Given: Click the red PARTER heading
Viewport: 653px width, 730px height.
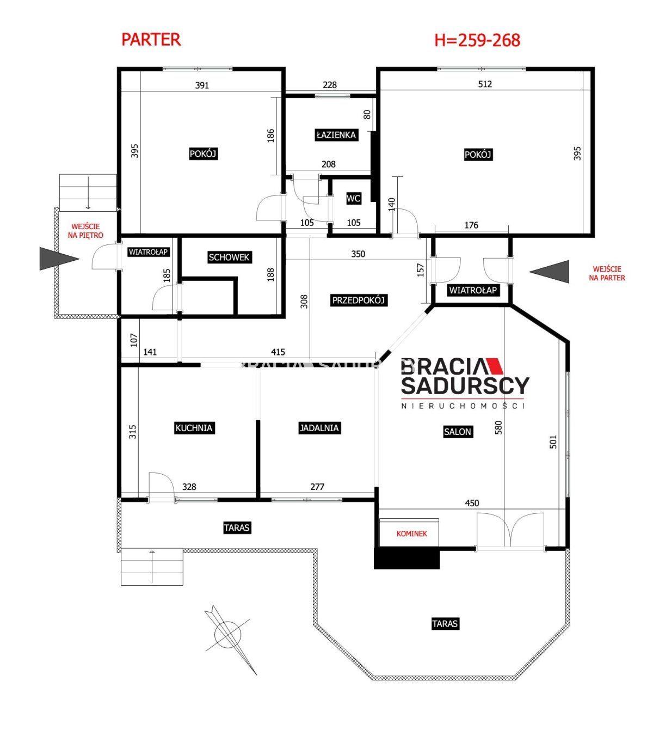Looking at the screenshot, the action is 151,39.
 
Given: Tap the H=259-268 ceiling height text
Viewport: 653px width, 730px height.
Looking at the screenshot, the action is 477,40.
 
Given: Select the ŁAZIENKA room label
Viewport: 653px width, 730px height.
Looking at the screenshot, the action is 336,135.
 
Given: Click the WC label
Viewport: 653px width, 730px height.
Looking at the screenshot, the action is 353,198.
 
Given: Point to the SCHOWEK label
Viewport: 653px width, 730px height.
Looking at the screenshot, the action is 229,257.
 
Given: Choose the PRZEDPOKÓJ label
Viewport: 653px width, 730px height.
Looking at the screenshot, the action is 358,300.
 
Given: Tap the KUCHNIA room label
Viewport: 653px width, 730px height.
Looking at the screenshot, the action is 194,428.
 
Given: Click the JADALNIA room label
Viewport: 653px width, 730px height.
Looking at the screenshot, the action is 319,428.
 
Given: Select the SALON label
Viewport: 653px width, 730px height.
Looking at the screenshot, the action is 458,432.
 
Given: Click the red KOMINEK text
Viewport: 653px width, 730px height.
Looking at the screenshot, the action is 412,533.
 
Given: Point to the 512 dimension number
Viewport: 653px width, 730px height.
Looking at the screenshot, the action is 485,84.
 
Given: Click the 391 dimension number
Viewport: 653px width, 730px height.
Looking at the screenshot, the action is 202,85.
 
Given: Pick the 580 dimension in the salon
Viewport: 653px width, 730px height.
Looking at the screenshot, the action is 498,428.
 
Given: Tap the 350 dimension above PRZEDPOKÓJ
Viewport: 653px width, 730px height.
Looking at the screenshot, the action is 358,254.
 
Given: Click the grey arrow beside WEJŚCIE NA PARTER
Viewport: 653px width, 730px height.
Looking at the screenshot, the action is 549,272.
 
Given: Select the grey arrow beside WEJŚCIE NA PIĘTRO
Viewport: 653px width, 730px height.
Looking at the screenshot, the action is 59,259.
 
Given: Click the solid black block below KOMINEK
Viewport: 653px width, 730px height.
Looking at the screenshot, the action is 406,558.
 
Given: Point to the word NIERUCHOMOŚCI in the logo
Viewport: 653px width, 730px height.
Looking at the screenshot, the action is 463,406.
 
